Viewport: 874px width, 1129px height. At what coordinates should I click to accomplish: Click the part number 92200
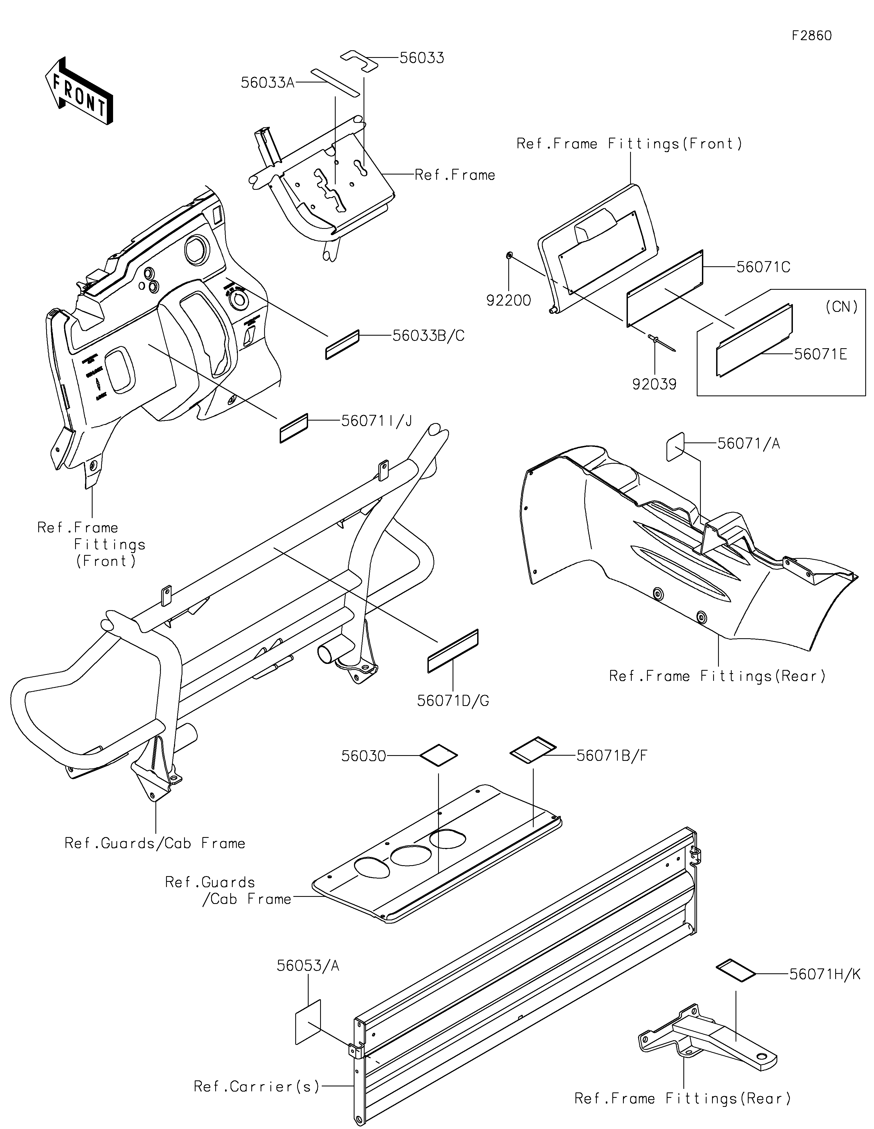(x=509, y=300)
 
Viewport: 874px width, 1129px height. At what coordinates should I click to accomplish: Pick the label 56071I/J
(x=376, y=421)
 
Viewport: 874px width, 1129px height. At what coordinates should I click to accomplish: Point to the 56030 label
(x=363, y=756)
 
